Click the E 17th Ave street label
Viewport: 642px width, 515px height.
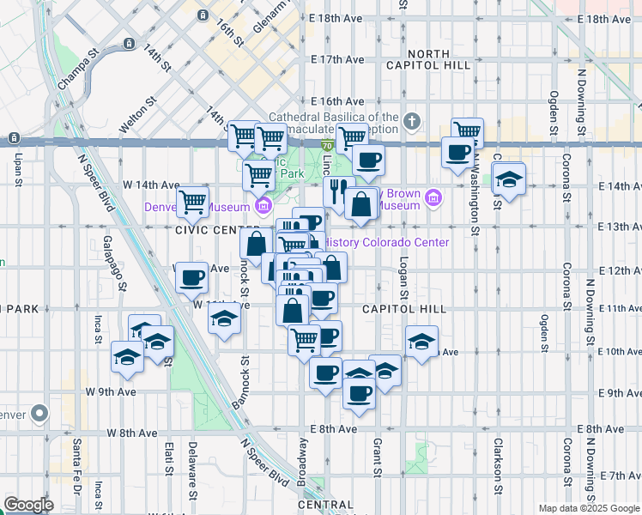pos(338,59)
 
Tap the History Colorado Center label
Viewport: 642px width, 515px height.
pos(388,242)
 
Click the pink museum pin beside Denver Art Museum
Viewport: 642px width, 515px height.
pos(263,206)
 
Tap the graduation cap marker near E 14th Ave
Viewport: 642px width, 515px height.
pos(510,179)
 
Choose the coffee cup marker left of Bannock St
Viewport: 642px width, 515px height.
pos(192,277)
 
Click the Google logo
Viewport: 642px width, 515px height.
pos(28,505)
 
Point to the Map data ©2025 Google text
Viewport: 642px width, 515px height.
pos(589,508)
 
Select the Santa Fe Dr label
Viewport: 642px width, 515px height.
pos(76,463)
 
